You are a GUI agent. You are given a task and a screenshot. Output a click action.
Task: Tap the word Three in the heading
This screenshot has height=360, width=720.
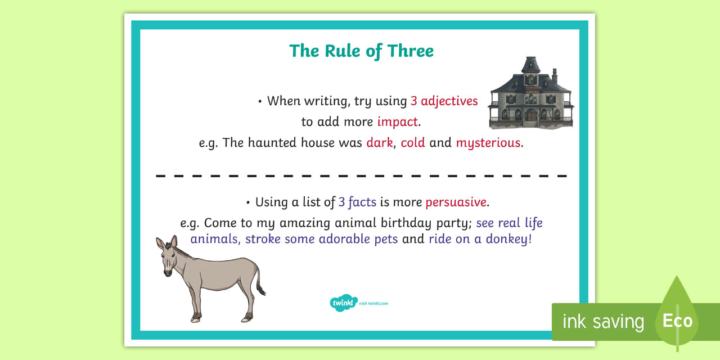(411, 51)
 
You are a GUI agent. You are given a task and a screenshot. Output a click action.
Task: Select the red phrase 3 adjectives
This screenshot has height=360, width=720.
(444, 101)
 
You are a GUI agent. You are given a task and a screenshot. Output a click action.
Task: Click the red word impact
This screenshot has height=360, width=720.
(398, 122)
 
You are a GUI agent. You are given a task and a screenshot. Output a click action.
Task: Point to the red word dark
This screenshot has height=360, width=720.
(380, 142)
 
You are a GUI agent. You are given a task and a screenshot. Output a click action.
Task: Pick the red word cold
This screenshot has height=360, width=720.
(413, 142)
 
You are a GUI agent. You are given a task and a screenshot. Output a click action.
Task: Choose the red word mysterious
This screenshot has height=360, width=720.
(488, 143)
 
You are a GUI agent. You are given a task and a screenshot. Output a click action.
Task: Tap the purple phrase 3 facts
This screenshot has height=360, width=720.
(357, 202)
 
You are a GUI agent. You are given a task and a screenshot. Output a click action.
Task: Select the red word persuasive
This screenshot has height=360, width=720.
(456, 202)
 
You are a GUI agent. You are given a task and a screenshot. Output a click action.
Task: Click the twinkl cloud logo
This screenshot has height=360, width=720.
(343, 303)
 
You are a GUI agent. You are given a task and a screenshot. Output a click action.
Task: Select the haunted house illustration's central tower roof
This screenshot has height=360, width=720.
(530, 64)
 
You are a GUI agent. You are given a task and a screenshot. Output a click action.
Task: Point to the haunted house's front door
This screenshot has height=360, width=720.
(531, 116)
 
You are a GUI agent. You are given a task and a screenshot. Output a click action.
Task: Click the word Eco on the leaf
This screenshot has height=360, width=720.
(677, 321)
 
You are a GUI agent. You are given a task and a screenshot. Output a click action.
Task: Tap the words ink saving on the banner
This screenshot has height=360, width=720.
(604, 321)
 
